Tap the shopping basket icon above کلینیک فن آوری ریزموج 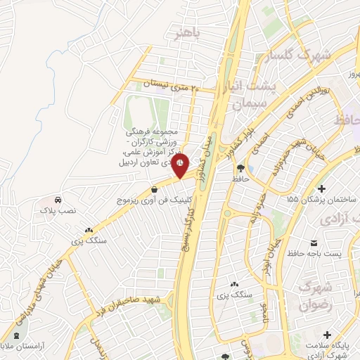154,188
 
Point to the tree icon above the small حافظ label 242,168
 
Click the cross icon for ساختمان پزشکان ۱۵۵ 321,188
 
